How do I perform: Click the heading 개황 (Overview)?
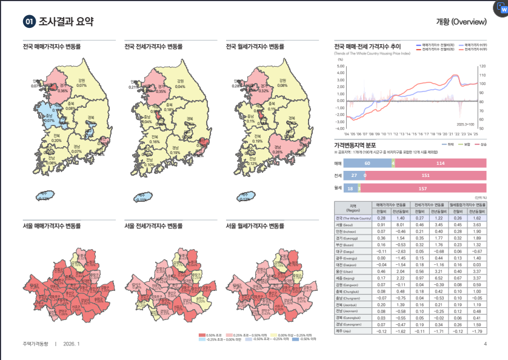click(461, 22)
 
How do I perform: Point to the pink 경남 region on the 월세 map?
click(278, 148)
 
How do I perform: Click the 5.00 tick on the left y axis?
click(340, 66)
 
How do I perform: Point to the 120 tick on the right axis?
click(482, 66)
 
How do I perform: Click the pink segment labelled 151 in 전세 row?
click(425, 176)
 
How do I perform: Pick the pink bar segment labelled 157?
click(427, 188)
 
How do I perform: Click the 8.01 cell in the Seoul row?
click(399, 225)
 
